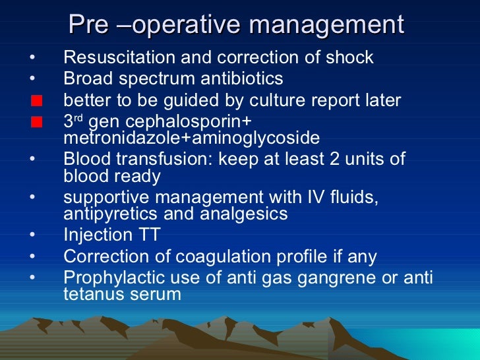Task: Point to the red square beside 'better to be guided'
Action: click(36, 101)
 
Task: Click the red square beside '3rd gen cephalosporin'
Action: click(36, 123)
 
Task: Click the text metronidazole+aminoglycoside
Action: click(191, 138)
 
